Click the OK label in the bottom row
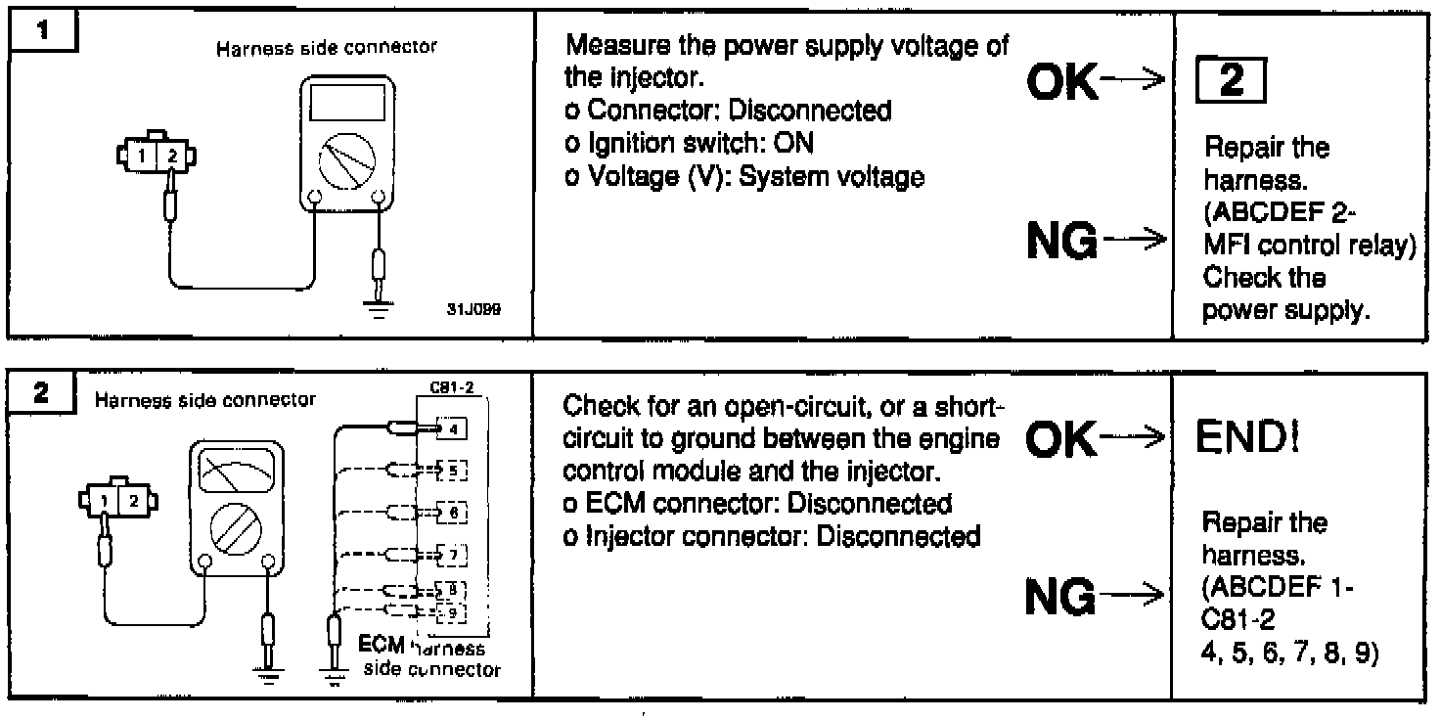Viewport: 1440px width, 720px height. [1060, 442]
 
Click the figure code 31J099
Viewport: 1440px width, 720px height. [479, 307]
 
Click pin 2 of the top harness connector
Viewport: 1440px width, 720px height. [173, 155]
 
